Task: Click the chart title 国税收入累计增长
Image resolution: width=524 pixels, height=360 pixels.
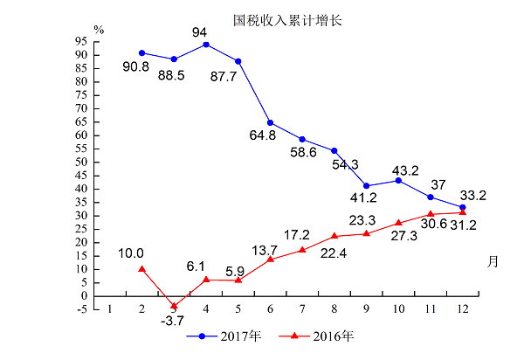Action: coord(282,18)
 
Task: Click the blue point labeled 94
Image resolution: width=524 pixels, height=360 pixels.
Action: coord(206,44)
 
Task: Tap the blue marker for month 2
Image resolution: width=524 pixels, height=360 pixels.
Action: coord(141,52)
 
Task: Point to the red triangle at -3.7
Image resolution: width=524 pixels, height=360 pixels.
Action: coord(174,306)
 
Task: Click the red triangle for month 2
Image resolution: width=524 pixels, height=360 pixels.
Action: coord(141,269)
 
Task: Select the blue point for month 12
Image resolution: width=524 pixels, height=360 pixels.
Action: coord(463,207)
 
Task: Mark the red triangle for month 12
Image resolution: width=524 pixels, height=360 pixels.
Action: coord(463,212)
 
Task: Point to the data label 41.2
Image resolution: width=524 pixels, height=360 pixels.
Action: coord(364,198)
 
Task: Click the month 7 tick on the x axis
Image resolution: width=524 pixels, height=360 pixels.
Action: coord(302,308)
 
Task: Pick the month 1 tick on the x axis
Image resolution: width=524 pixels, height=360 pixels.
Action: coord(109,308)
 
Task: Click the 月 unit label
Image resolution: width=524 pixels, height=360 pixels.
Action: coord(493,260)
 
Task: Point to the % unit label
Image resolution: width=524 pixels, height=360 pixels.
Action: coord(99,29)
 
